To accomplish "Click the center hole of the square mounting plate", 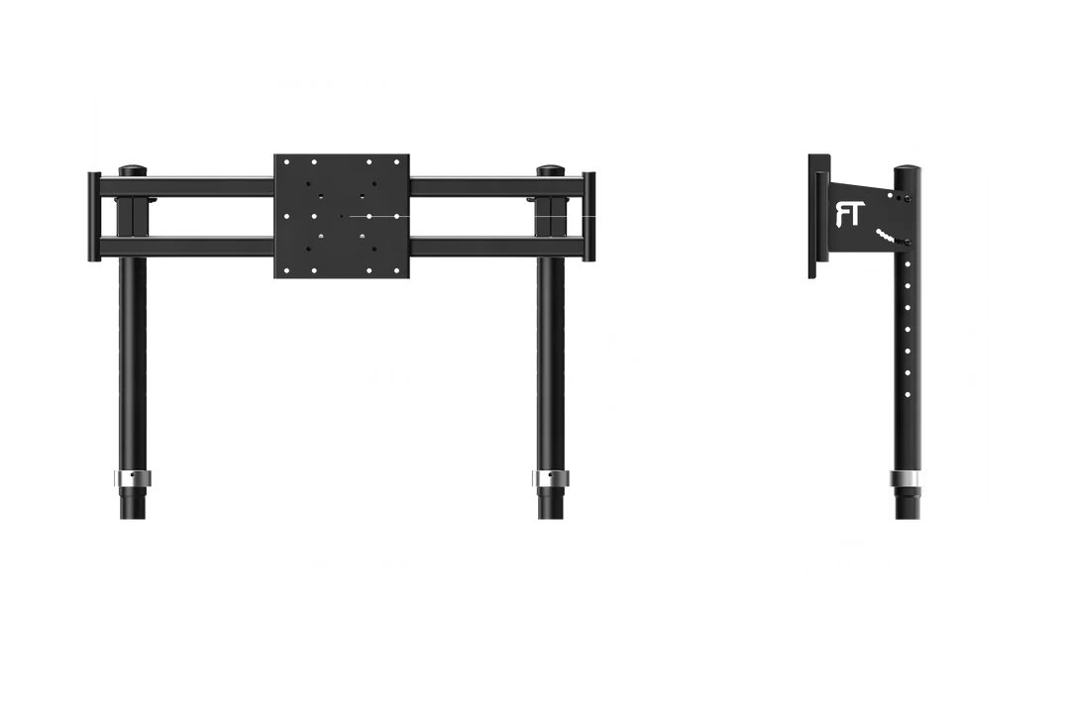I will pyautogui.click(x=341, y=216).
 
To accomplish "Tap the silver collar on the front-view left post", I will pyautogui.click(x=134, y=479).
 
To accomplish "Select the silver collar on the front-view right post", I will pyautogui.click(x=549, y=480).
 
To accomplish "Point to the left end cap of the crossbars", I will pyautogui.click(x=91, y=217).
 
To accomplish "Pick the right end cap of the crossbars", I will pyautogui.click(x=591, y=217).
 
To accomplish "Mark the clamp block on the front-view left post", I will pyautogui.click(x=128, y=216).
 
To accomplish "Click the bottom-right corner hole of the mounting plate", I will pyautogui.click(x=394, y=269).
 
